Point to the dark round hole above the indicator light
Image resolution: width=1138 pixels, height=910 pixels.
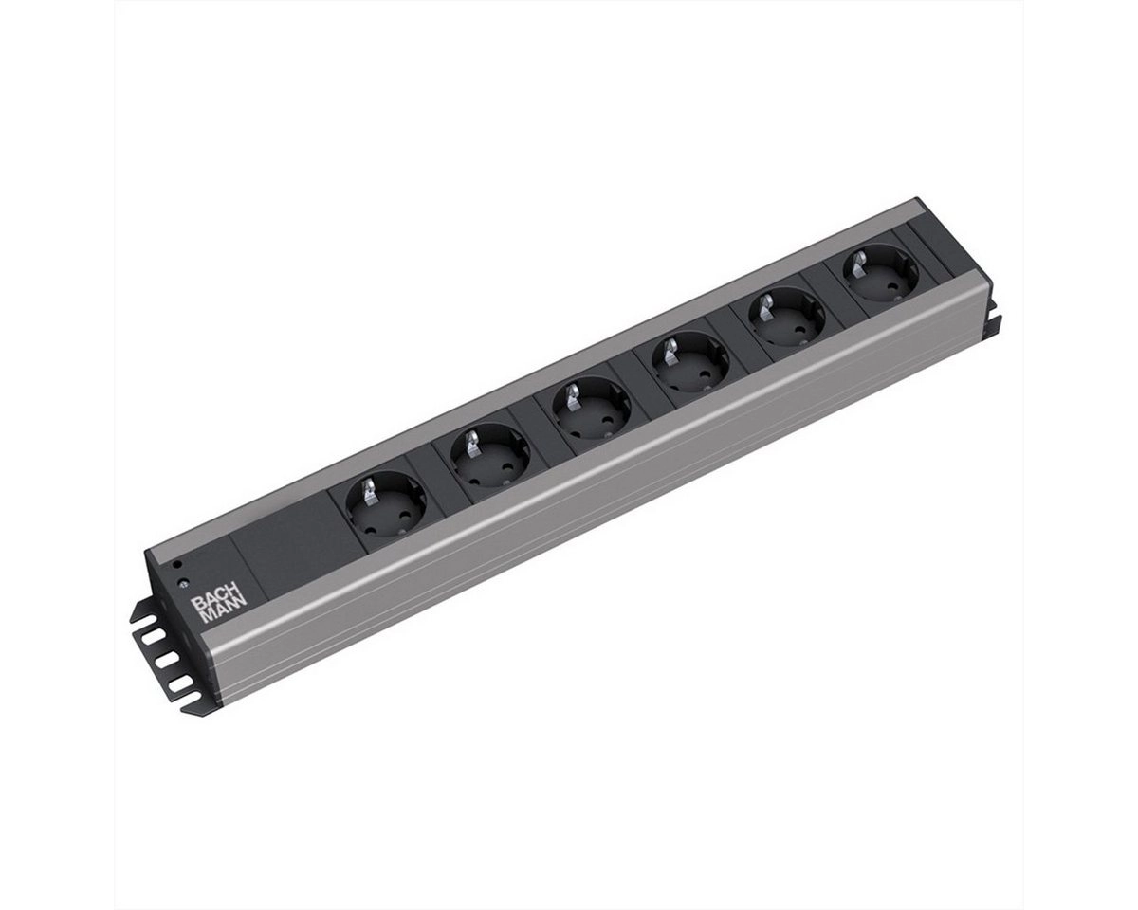pyautogui.click(x=177, y=565)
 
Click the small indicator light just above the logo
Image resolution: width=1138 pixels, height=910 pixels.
pyautogui.click(x=181, y=583)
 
